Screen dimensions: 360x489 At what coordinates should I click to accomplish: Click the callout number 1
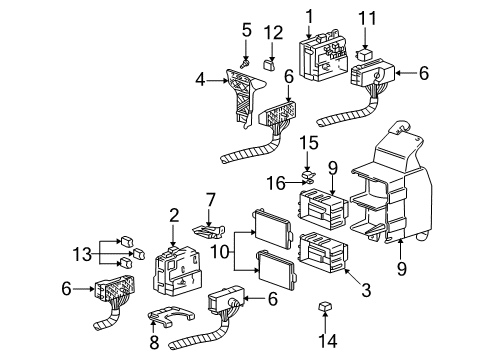point(309,14)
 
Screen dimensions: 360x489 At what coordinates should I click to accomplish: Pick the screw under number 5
point(246,43)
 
